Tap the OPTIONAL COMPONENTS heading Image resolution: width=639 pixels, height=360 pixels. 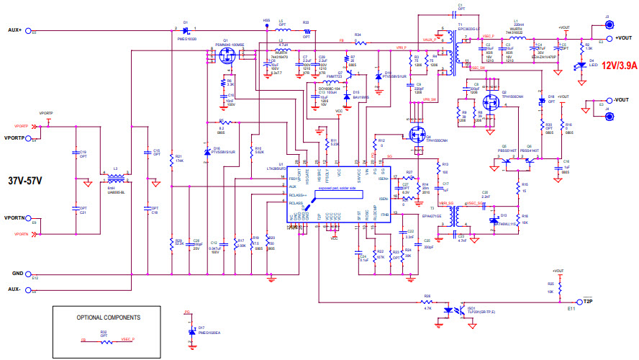(x=109, y=317)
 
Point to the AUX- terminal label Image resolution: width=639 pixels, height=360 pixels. (x=15, y=289)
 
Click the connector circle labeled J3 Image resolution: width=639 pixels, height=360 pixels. (x=607, y=23)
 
